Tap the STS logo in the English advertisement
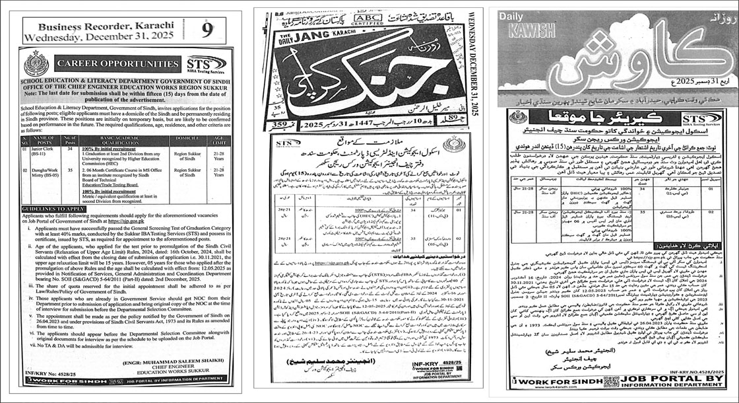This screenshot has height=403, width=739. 207,63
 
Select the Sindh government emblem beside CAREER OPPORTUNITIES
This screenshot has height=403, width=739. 36,64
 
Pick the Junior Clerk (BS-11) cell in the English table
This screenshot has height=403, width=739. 57,153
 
